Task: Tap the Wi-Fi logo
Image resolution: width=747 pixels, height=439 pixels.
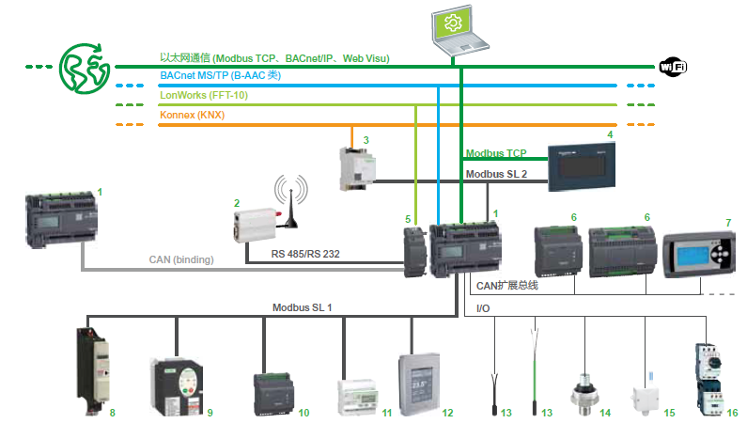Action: [673, 67]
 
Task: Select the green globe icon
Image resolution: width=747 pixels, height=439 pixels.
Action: [85, 69]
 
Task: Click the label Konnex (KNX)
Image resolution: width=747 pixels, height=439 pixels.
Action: [192, 115]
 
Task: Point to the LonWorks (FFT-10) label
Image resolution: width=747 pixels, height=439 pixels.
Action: [204, 95]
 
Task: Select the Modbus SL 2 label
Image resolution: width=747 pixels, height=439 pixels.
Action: [496, 174]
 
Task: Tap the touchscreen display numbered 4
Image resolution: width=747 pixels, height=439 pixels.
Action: [582, 166]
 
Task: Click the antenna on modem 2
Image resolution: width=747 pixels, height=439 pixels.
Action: [291, 201]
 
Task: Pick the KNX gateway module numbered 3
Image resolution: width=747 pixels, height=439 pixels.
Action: [357, 168]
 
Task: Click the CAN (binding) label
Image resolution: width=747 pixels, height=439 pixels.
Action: [181, 259]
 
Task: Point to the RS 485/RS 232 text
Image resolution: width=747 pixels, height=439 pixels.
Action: [305, 254]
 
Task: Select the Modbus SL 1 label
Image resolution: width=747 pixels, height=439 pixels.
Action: [302, 307]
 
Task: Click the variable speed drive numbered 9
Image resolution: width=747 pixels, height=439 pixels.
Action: [177, 386]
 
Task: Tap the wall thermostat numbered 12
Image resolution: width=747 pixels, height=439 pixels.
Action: [419, 384]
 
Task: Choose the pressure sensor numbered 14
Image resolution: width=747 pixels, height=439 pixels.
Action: [584, 395]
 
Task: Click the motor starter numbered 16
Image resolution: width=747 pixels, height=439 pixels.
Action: [708, 379]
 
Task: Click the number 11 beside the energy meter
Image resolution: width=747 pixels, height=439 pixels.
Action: [387, 413]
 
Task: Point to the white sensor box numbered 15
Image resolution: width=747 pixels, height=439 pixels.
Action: [646, 395]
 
